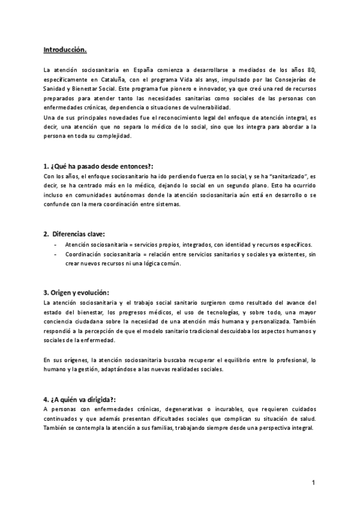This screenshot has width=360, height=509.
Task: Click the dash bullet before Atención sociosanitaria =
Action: click(56, 245)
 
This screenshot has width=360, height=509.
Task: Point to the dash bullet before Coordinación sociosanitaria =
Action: click(56, 254)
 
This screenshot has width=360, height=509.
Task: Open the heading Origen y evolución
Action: click(76, 292)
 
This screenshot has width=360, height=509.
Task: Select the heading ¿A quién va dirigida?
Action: click(80, 399)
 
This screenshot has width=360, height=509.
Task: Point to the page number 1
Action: click(313, 482)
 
